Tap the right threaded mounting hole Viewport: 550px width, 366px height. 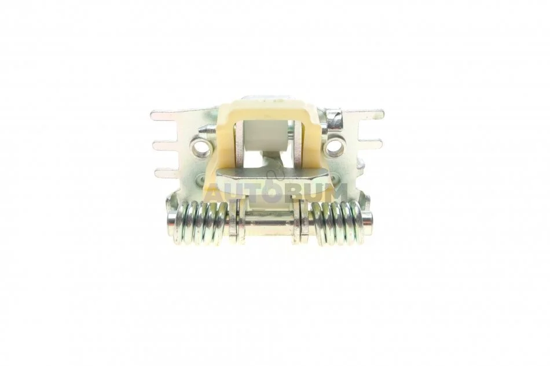coord(334,147)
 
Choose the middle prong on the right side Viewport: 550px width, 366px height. coord(371,143)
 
